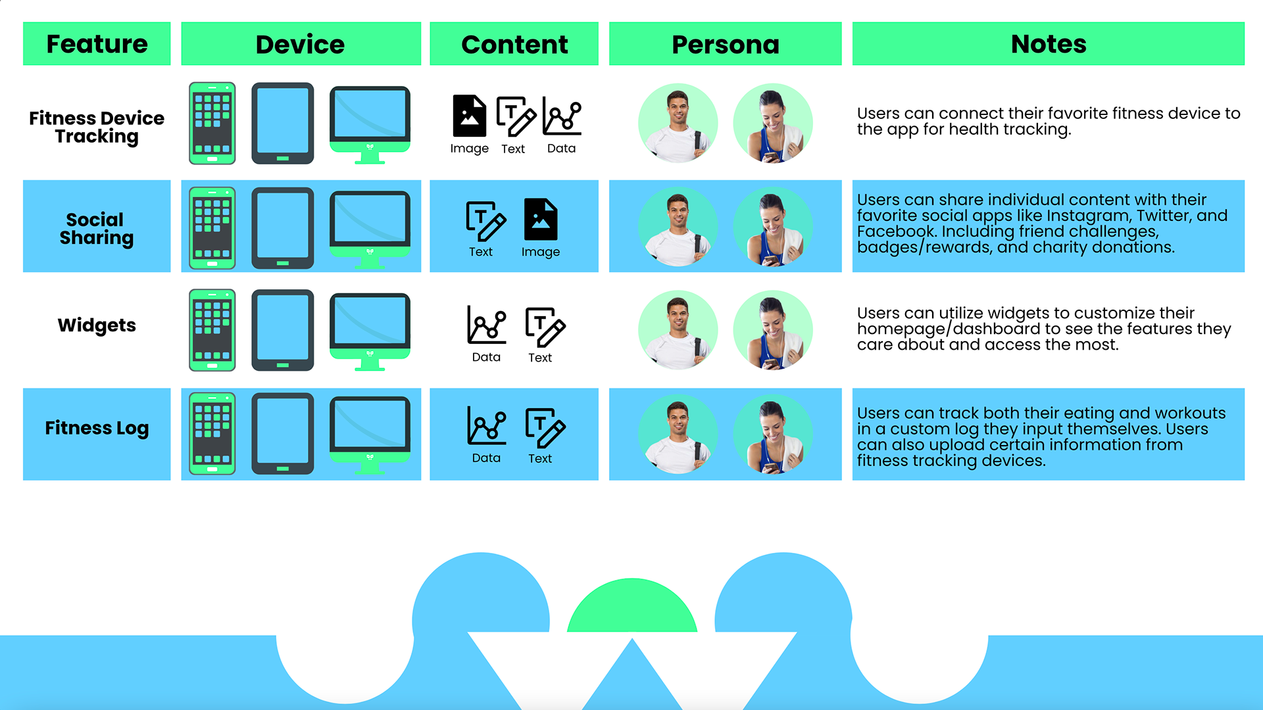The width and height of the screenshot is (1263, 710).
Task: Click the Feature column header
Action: [x=97, y=44]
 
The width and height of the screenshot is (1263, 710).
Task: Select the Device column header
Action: [x=301, y=44]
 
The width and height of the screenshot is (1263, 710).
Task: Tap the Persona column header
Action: [x=725, y=44]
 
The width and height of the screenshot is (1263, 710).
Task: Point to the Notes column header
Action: [x=1048, y=44]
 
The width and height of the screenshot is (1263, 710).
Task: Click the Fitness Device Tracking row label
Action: [x=97, y=127]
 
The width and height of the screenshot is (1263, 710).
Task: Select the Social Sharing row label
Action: [x=97, y=228]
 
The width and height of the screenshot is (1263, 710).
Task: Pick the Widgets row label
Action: [x=97, y=325]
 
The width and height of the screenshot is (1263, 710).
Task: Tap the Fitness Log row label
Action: [x=97, y=428]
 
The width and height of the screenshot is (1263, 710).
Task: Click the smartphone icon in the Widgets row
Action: [x=212, y=330]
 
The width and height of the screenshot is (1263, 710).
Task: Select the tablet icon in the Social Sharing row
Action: [x=283, y=228]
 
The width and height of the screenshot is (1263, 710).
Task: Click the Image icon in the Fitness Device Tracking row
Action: [x=469, y=116]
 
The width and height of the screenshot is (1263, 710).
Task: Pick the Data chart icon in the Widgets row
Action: [x=487, y=325]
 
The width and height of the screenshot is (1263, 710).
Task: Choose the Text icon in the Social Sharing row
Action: [x=485, y=222]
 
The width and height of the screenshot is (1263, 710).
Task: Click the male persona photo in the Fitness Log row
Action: [x=678, y=434]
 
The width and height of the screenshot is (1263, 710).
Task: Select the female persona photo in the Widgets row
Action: [x=773, y=330]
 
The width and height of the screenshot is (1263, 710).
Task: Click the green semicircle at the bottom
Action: [x=631, y=608]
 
